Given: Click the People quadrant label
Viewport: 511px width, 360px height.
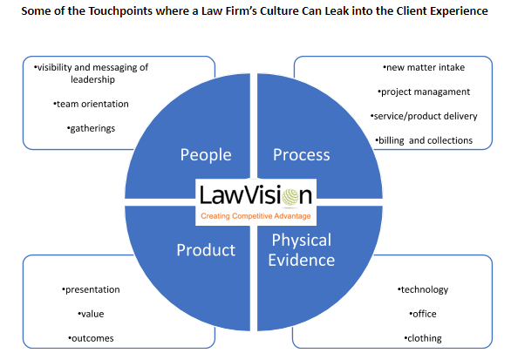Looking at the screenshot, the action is tap(206, 155).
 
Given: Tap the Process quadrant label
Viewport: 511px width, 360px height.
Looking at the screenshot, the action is tap(302, 155).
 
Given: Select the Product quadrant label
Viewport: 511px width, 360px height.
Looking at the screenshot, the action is tap(206, 250).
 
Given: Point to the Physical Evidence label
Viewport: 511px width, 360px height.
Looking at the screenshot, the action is tap(302, 250).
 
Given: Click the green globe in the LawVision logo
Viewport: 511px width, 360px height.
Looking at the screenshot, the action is tap(290, 197).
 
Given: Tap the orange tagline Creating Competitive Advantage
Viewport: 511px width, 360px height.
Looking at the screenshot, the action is tap(255, 216).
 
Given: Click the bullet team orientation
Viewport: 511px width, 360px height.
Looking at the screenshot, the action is tap(91, 104).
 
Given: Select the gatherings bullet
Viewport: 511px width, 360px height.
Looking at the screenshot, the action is tap(91, 128).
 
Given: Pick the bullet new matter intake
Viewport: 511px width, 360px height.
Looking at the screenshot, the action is tap(424, 67).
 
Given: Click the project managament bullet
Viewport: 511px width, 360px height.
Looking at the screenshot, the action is tap(424, 92).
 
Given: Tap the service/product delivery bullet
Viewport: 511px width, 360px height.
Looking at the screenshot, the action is tap(424, 116).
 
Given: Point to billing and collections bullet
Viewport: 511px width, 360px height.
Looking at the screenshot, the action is tap(424, 140).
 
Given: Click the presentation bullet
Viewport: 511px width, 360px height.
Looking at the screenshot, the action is tap(91, 289).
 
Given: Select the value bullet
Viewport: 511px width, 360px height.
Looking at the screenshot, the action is tap(91, 314).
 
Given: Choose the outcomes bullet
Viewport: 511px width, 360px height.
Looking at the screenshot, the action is tap(91, 338).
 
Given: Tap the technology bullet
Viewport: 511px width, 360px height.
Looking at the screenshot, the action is tap(423, 289).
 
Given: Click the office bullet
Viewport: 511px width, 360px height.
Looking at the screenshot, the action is tap(423, 314).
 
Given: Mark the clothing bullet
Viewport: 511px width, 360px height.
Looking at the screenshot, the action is tap(423, 338).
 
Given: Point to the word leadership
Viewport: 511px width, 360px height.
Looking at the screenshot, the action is tap(93, 80).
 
